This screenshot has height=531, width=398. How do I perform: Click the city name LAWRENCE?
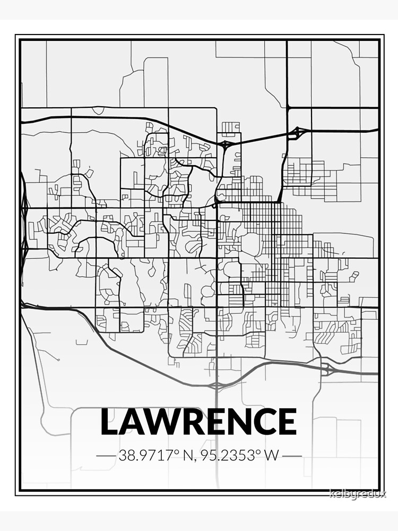tap(198, 422)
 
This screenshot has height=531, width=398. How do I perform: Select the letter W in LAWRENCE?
tap(162, 422)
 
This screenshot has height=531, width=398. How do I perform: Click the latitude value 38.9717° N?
tap(153, 456)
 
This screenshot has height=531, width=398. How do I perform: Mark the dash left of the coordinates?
tap(106, 456)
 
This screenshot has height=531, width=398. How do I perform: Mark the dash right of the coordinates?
tap(292, 456)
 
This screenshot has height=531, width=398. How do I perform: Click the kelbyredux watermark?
tap(358, 494)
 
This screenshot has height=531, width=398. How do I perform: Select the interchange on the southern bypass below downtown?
tap(217, 384)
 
